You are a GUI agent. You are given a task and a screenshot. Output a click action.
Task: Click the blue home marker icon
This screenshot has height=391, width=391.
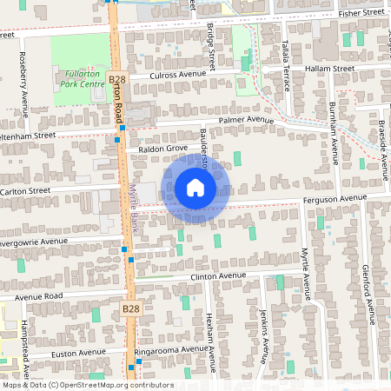point(195,188)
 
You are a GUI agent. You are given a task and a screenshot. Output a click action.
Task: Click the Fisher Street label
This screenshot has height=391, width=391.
point(361,14)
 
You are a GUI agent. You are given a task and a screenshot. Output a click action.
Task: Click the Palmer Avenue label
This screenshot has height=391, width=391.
point(246,119)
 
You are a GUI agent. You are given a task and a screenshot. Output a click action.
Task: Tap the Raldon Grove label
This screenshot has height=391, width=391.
point(157,149)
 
